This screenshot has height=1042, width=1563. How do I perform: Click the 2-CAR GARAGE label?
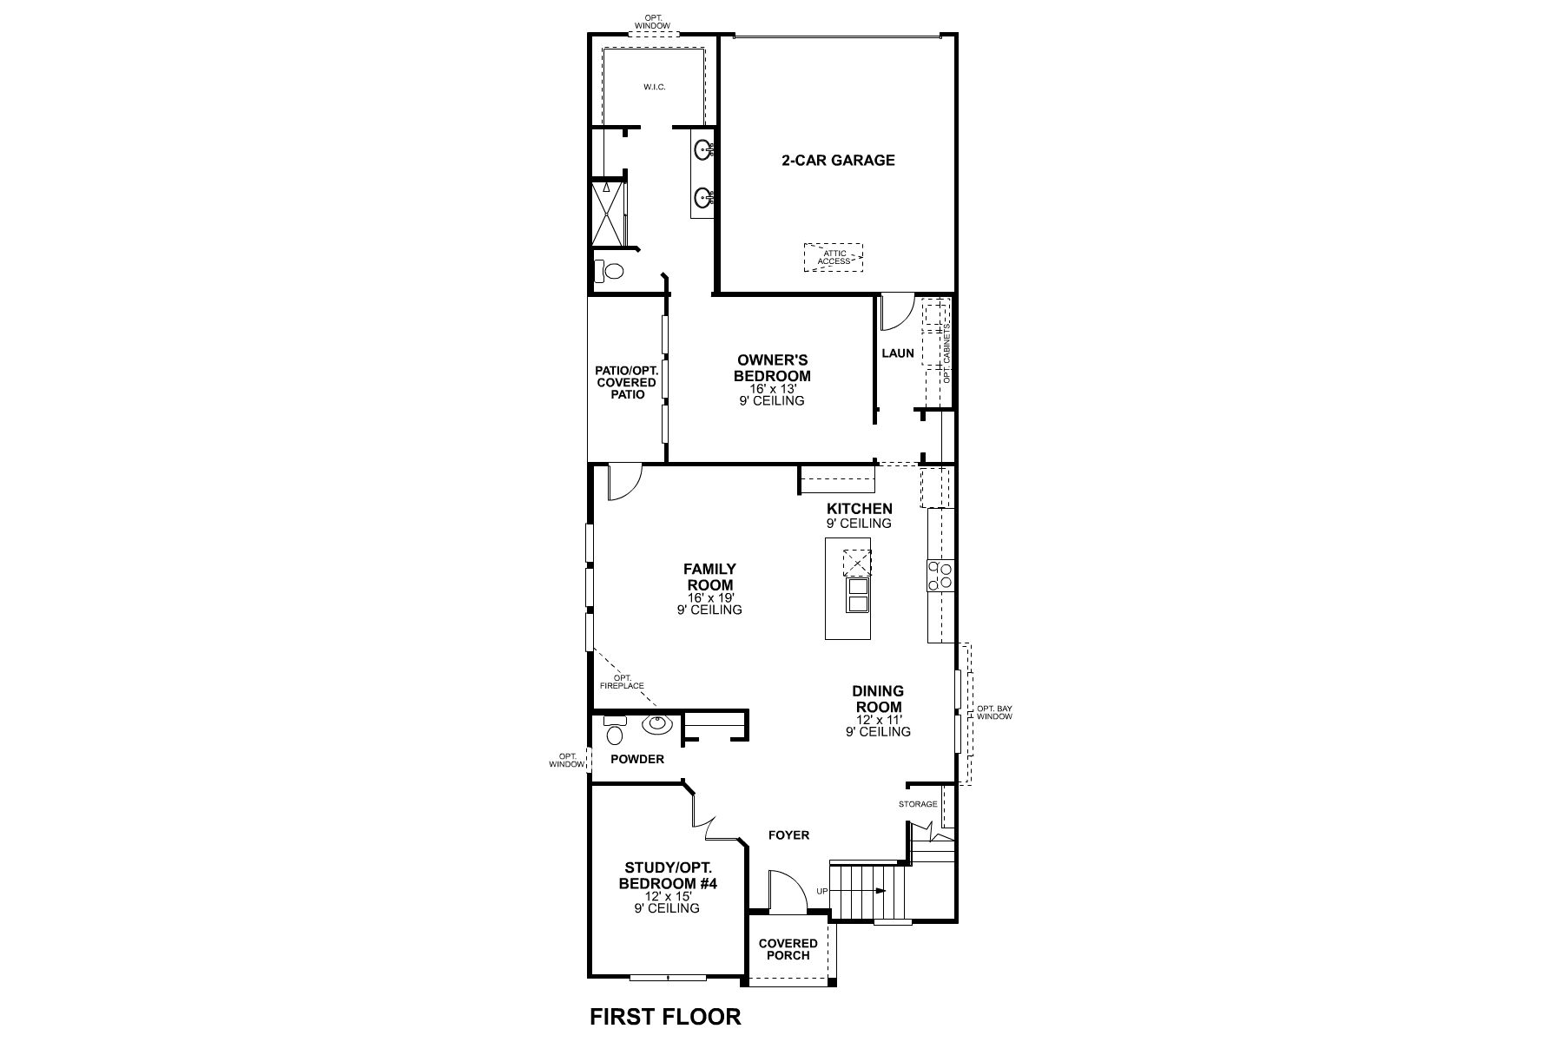point(838,160)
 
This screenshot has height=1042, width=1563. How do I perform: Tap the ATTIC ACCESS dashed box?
point(834,257)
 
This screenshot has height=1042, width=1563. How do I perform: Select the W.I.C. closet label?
point(655,87)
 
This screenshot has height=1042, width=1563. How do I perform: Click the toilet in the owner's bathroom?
point(610,272)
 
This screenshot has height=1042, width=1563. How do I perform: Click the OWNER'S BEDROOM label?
point(772,368)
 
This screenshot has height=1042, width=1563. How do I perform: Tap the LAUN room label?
point(898,353)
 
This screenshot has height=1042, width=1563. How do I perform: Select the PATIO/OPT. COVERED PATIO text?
point(626,382)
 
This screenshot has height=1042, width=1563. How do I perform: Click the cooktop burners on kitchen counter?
point(940,575)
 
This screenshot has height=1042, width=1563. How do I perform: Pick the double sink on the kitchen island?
point(857,595)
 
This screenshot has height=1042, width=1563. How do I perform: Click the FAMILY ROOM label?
point(709,577)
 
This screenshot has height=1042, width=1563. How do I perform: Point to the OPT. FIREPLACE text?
point(622,682)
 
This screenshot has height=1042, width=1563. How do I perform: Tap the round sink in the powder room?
point(656,723)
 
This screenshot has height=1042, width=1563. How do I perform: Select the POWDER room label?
point(636,759)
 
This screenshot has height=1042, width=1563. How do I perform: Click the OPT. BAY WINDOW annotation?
point(994,713)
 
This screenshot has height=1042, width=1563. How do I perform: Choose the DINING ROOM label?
point(878,699)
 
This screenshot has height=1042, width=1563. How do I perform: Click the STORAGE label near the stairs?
point(918,804)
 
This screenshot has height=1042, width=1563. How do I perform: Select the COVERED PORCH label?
point(788,949)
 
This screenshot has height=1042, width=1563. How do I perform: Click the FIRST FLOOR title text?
point(665,1017)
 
